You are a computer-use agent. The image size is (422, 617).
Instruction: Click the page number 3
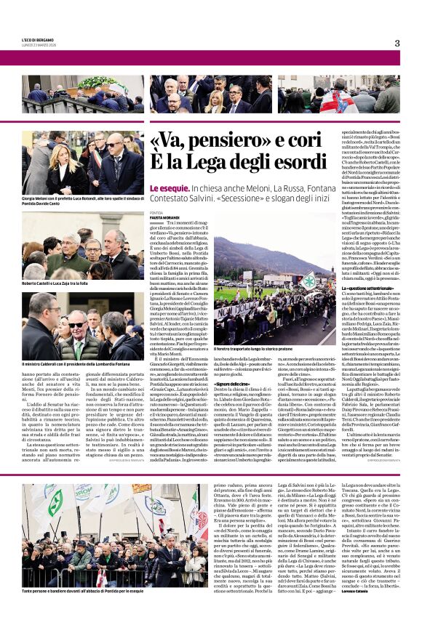tap(397, 43)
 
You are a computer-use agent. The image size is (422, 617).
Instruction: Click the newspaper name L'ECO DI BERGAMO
tap(37, 39)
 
